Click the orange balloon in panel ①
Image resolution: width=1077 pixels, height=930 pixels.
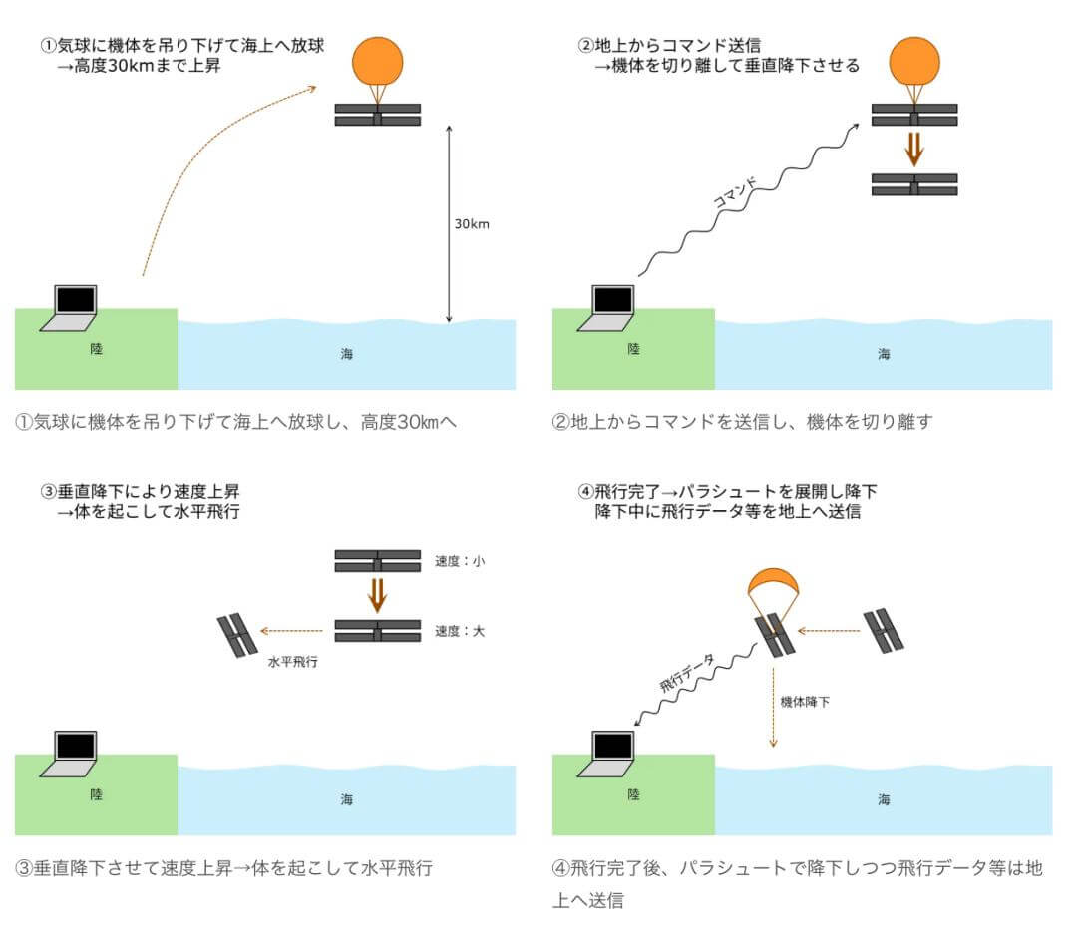pos(378,60)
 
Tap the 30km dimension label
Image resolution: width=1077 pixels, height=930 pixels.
pos(472,223)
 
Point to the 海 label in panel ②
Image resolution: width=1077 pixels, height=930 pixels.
pos(884,353)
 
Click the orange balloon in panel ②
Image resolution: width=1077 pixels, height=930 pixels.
pos(913,60)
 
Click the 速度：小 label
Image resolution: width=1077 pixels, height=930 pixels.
pos(460,561)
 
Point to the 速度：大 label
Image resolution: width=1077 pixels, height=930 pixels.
pos(460,631)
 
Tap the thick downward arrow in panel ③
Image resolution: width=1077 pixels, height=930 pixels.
pos(377,594)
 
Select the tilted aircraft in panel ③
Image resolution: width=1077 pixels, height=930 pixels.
pos(238,636)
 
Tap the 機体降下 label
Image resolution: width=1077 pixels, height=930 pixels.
pos(805,702)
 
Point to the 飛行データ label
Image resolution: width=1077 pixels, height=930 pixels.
pos(688,673)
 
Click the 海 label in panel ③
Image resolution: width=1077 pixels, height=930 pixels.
pos(346,798)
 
